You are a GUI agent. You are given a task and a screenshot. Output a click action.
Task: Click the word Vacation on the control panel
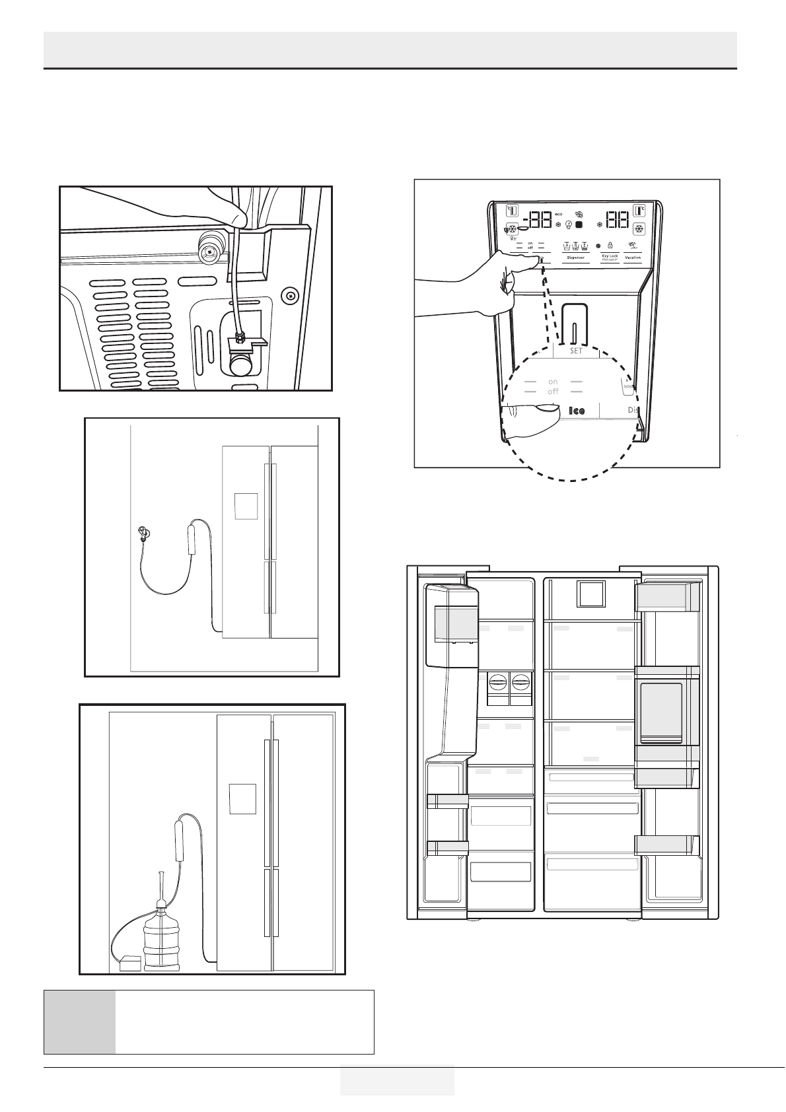point(633,258)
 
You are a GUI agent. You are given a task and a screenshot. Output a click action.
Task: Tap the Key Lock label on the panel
point(609,257)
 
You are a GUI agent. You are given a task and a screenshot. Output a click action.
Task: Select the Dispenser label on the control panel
point(575,258)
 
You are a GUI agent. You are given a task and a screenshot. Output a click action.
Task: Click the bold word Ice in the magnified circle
point(577,411)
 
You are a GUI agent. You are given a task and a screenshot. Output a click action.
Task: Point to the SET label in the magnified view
point(576,351)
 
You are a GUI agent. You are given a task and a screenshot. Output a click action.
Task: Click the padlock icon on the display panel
point(610,244)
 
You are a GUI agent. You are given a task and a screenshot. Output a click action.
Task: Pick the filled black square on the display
point(579,225)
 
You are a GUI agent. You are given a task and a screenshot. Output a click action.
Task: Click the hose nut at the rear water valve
point(240,339)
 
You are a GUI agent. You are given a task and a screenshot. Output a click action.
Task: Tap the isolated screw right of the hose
point(288,295)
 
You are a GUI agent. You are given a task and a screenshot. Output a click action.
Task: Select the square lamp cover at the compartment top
point(590,594)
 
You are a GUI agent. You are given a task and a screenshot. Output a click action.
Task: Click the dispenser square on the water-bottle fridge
point(242,798)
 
